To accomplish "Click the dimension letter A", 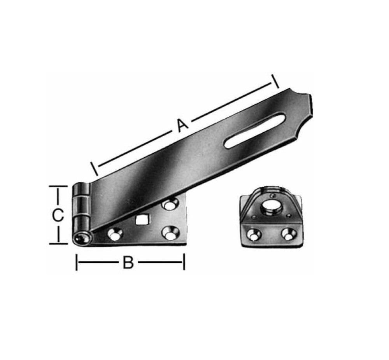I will tap(182, 125).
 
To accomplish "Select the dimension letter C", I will tap(57, 216).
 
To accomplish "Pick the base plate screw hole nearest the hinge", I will tap(114, 234).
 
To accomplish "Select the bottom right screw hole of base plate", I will tap(170, 234).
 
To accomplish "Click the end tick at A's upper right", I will tap(275, 81).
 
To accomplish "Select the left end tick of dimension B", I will tap(77, 263).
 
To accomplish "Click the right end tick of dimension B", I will tap(184, 263).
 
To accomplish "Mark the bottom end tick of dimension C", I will tap(58, 244).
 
